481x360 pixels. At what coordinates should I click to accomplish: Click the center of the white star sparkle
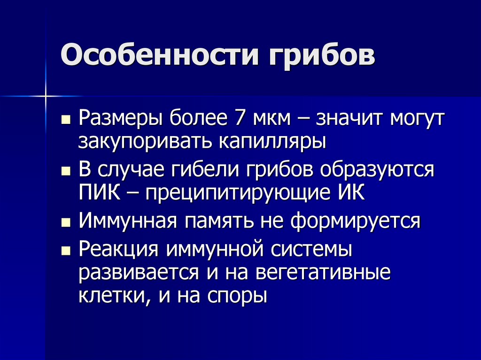[46, 96]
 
